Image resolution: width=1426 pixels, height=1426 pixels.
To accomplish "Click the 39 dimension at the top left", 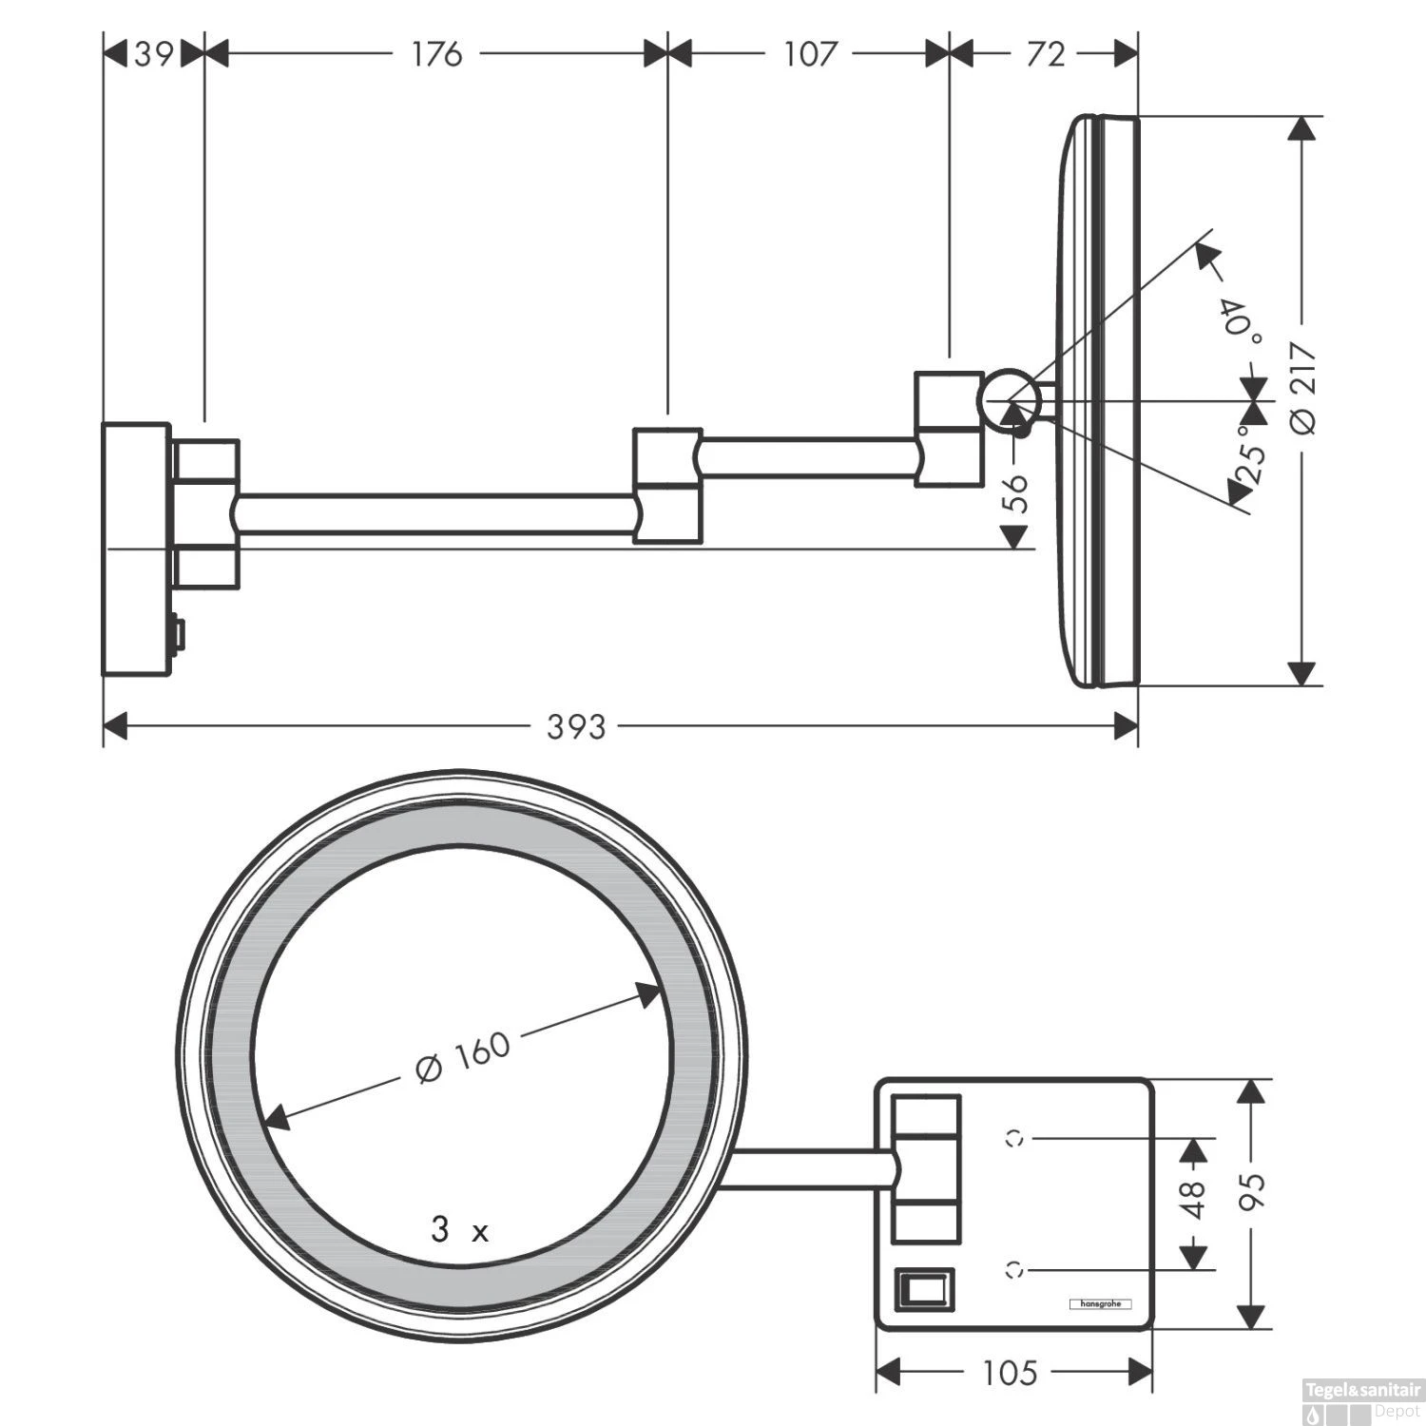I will coord(153,54).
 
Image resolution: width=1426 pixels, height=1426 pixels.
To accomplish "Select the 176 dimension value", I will coord(436,54).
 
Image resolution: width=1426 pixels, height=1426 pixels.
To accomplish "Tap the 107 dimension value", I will coord(809,54).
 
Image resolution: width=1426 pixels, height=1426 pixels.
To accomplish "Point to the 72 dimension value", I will coord(1045,54).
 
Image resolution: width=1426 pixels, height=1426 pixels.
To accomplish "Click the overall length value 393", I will coord(576,727).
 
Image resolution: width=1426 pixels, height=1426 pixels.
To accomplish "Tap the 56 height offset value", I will coord(1017,493).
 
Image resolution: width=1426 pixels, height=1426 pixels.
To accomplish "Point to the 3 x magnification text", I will coord(460,1231).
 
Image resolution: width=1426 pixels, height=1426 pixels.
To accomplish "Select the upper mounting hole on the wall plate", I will coord(1015,1136).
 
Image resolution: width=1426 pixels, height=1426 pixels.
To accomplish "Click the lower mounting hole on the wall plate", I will coord(1015,1268).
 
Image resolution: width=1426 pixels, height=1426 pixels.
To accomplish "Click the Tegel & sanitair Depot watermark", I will coord(1363,1402).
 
